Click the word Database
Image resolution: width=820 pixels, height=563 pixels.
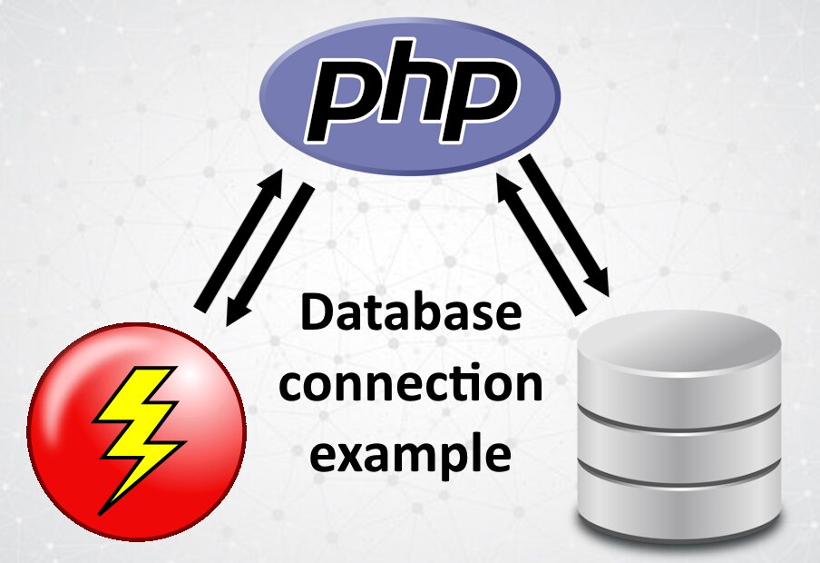(x=411, y=312)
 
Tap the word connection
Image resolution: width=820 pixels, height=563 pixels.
(x=411, y=383)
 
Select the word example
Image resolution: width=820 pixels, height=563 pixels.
(x=411, y=453)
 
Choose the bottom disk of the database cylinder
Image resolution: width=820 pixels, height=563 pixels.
(x=678, y=506)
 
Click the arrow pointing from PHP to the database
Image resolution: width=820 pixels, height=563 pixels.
(x=565, y=225)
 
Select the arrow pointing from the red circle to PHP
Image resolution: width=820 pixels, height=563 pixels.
(x=238, y=240)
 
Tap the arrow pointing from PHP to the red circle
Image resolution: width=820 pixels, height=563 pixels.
(x=269, y=254)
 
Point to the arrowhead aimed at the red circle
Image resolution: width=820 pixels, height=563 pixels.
(x=237, y=313)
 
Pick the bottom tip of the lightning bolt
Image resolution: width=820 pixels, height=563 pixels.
(x=100, y=514)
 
